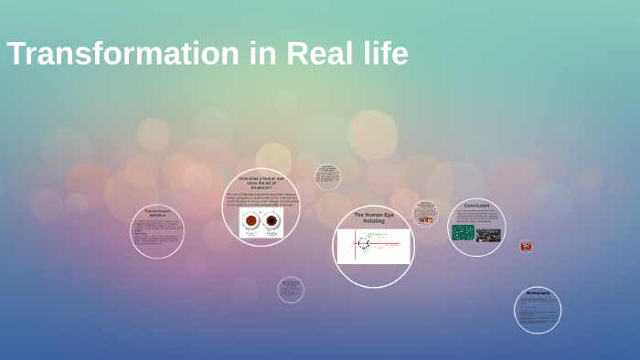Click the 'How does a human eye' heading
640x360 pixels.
(x=261, y=181)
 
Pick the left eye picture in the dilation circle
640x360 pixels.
(x=251, y=222)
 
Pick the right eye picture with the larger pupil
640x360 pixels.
(x=272, y=222)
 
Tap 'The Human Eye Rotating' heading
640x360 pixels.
(x=374, y=217)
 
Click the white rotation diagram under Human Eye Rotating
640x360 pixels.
(x=374, y=246)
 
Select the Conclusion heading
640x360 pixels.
(x=476, y=206)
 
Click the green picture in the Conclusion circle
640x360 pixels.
(x=463, y=234)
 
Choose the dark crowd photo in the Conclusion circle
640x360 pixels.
(x=489, y=235)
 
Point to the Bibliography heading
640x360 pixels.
(x=538, y=293)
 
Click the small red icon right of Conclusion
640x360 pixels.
(x=526, y=246)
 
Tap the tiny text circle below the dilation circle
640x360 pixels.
(x=291, y=290)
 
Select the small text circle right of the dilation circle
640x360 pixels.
(x=327, y=177)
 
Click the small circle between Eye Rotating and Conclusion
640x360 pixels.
(x=425, y=214)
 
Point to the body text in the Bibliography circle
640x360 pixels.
(x=537, y=312)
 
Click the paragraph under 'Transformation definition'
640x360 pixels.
(x=157, y=235)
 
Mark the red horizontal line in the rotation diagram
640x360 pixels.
(x=384, y=244)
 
